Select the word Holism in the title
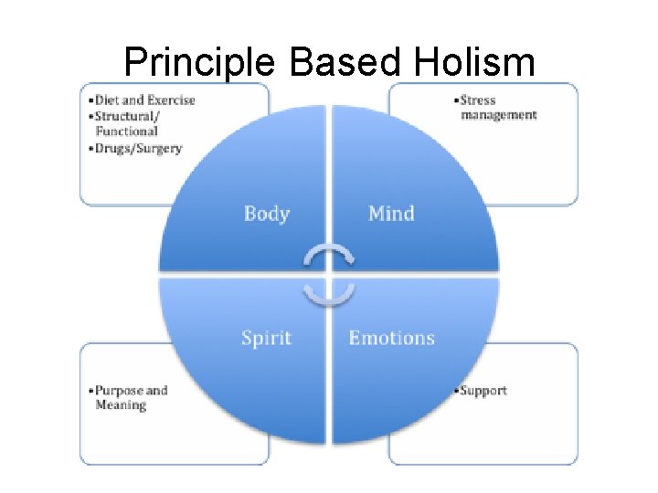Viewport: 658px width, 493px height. click(474, 62)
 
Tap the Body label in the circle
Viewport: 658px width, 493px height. click(267, 214)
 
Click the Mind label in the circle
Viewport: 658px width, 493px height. click(391, 214)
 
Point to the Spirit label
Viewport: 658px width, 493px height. click(266, 338)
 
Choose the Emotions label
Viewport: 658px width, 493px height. click(392, 338)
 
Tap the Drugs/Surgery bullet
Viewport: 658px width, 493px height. click(139, 148)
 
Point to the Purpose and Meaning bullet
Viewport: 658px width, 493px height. click(131, 397)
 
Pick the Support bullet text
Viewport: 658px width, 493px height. click(482, 391)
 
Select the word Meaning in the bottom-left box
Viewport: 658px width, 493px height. click(121, 404)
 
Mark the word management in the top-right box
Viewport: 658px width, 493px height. click(499, 115)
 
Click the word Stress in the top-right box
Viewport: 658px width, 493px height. click(481, 100)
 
